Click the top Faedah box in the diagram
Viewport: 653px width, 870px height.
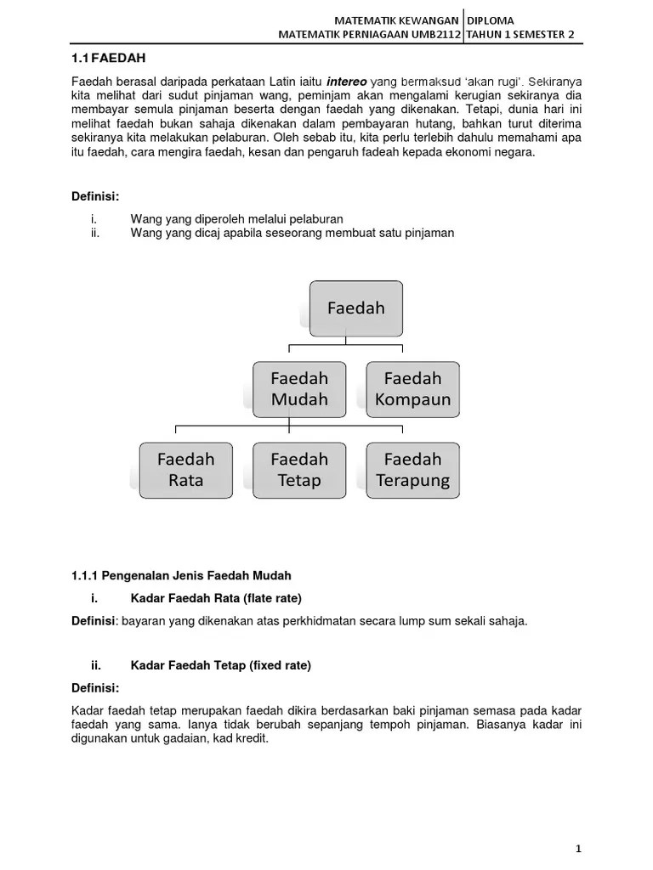click(x=356, y=308)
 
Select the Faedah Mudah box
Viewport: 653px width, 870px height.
click(x=299, y=388)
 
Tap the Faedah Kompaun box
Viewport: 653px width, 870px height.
click(x=412, y=388)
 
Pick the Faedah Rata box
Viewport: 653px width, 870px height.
click(x=186, y=469)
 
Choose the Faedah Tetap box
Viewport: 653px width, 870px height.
click(x=299, y=469)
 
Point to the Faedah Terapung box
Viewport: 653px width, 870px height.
click(x=412, y=469)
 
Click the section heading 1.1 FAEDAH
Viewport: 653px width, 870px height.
click(x=108, y=58)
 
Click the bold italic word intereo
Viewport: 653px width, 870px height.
click(x=347, y=82)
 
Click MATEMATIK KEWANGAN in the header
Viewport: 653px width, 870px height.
click(x=398, y=20)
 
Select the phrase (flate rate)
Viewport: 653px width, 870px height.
click(x=273, y=598)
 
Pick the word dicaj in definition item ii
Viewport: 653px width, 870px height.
click(x=210, y=233)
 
